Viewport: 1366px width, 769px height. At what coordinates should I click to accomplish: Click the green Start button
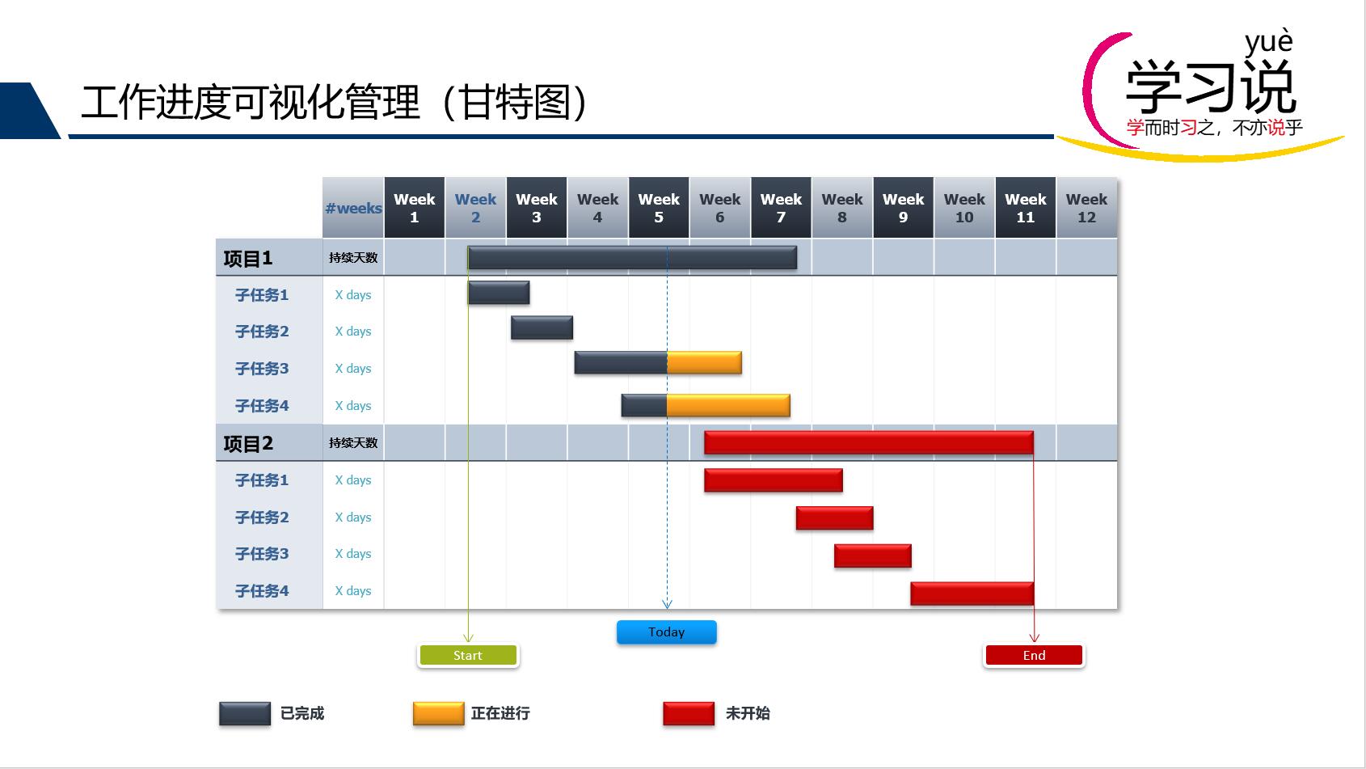(x=468, y=655)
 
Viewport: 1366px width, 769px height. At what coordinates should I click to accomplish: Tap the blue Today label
(x=666, y=632)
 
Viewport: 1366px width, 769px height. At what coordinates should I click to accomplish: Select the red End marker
(x=1034, y=655)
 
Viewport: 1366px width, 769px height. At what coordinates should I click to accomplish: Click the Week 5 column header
(x=659, y=208)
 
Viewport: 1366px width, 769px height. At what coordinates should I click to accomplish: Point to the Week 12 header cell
(x=1086, y=208)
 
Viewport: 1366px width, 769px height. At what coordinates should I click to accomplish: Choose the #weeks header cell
(x=353, y=208)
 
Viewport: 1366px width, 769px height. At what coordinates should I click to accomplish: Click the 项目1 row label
(x=248, y=259)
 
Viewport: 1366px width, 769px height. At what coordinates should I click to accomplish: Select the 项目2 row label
(x=248, y=444)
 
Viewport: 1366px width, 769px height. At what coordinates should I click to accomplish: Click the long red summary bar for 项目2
(x=868, y=442)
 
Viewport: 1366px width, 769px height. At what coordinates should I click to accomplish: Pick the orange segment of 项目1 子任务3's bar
(x=704, y=363)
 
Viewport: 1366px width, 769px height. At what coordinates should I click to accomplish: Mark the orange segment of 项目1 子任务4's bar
(x=727, y=405)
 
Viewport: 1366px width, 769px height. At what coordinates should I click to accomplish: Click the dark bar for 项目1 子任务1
(x=499, y=293)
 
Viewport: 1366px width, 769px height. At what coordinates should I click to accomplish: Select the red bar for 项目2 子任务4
(x=972, y=594)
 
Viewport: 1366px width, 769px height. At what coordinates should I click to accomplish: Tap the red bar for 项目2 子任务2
(x=834, y=518)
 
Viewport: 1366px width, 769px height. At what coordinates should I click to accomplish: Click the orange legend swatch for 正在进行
(x=438, y=713)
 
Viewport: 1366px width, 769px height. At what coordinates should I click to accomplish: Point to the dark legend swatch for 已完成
(x=245, y=713)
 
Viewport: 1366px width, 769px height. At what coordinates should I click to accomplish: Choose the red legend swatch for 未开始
(x=689, y=713)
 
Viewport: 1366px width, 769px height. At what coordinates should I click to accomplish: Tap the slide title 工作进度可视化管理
(x=251, y=103)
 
